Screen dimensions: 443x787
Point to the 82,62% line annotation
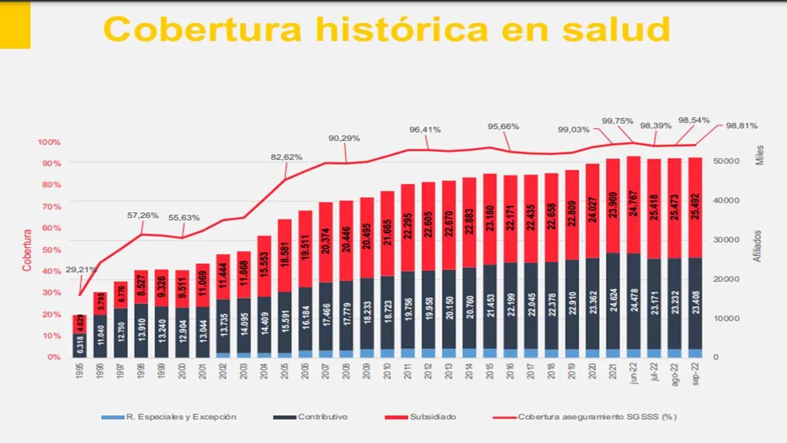286,157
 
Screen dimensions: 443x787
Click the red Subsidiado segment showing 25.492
696,207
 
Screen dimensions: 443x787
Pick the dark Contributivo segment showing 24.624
613,300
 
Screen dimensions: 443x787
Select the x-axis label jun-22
634,374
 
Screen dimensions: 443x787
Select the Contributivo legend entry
322,416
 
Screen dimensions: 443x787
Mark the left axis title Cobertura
27,250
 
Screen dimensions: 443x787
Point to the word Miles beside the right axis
760,155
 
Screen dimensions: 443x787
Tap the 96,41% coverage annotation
425,129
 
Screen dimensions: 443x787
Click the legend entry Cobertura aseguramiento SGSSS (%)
597,416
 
